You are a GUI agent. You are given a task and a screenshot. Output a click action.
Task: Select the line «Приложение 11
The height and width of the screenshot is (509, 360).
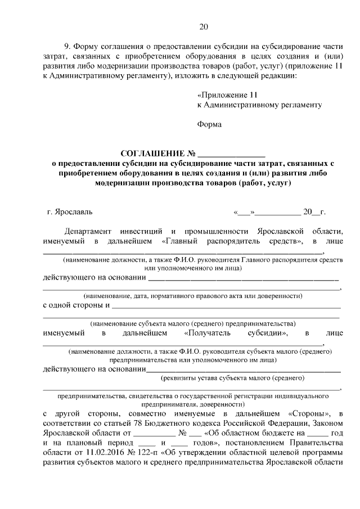click(224, 94)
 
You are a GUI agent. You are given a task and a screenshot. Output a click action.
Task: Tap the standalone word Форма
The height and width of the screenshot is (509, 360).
click(209, 124)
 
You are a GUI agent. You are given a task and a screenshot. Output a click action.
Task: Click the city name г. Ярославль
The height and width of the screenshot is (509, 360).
click(67, 212)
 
